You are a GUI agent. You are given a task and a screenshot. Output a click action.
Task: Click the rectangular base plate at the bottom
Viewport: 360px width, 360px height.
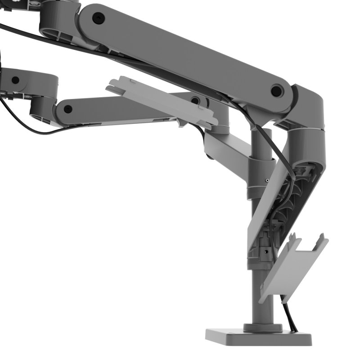click(x=259, y=336)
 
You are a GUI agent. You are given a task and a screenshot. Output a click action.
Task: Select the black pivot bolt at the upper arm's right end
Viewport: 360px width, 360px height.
click(x=276, y=91)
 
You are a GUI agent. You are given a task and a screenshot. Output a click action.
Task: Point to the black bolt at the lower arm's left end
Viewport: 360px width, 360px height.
click(x=68, y=109)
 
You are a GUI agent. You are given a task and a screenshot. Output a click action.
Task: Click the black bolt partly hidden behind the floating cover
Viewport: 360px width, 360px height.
click(x=195, y=100)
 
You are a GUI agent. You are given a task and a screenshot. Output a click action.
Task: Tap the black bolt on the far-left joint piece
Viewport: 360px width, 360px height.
click(x=15, y=80)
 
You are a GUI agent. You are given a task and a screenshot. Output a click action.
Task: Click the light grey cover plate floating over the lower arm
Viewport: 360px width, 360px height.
click(x=162, y=101)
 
